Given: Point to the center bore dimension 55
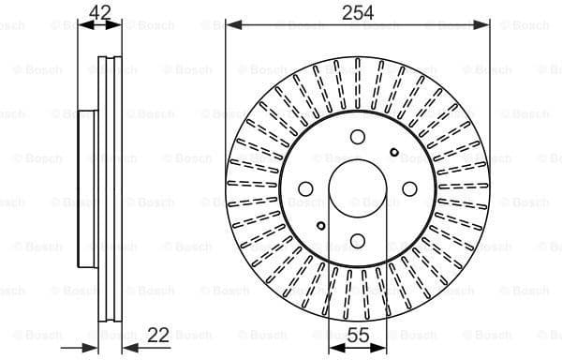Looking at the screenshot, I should point(358,334).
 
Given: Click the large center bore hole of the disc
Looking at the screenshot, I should point(358,189).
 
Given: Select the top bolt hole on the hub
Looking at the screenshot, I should point(358,138).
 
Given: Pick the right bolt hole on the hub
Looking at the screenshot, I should point(409,189).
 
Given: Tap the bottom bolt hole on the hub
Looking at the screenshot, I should point(358,241).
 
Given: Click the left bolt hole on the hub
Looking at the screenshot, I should point(306,189).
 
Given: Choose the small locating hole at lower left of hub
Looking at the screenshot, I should point(321,226).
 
